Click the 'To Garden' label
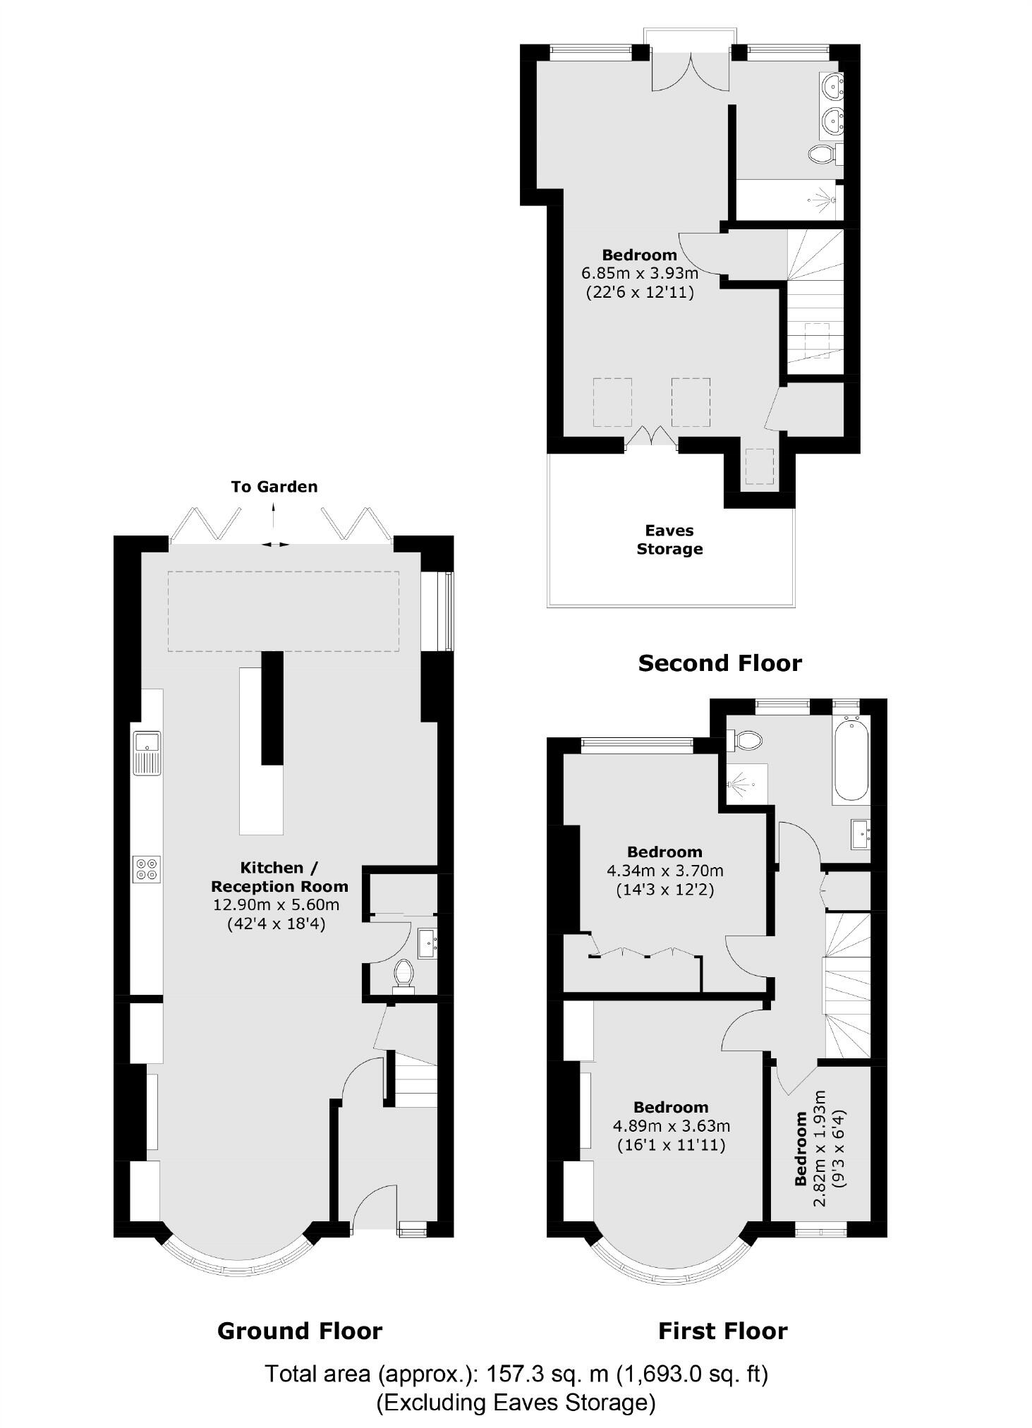point(274,486)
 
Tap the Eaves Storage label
point(669,540)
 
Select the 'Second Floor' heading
point(720,663)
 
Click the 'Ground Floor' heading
point(299,1331)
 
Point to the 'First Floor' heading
point(722,1331)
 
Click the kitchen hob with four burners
point(147,869)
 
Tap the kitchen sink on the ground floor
point(147,743)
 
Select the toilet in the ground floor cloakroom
point(404,974)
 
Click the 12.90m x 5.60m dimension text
point(276,905)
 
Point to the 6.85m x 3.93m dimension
point(639,273)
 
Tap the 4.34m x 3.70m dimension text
point(664,871)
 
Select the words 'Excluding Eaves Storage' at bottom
point(516,1403)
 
